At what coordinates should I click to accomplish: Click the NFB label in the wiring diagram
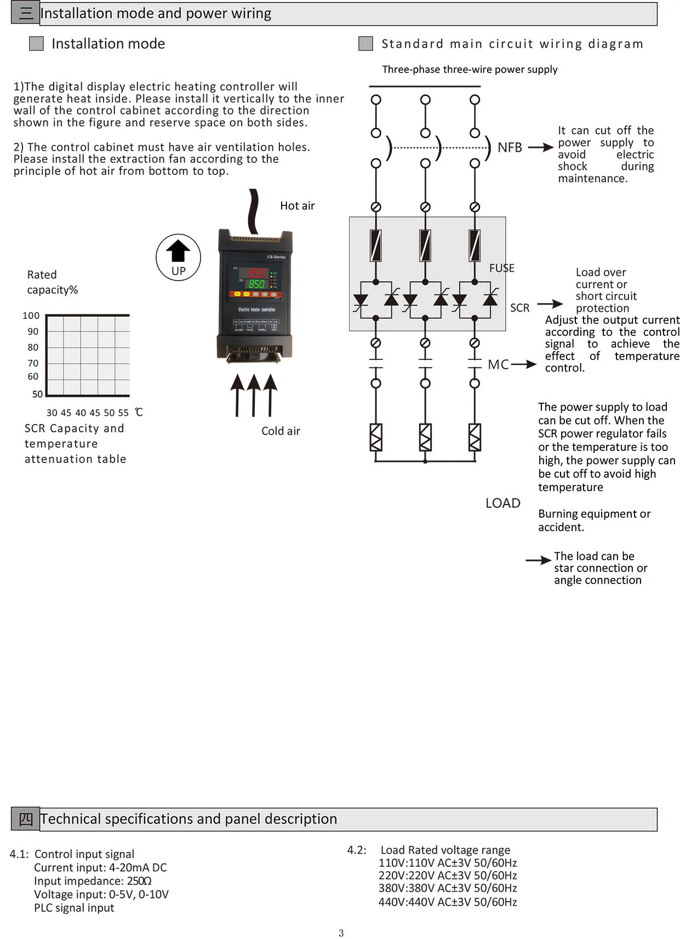tap(510, 147)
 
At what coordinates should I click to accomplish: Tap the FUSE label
tap(502, 268)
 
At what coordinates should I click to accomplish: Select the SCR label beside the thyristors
tap(520, 308)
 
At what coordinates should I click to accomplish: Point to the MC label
tap(499, 365)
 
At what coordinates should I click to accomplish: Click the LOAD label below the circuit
tap(503, 503)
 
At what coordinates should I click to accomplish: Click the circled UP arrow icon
tap(178, 257)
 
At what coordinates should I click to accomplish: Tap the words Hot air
tap(298, 205)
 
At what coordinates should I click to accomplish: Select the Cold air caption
tap(281, 431)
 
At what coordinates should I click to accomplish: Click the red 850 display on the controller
tap(256, 273)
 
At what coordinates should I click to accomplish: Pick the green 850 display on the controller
tap(256, 284)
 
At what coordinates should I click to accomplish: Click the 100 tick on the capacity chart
tap(31, 316)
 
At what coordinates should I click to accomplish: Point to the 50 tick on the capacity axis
tap(37, 394)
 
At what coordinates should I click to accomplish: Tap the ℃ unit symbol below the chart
tap(139, 412)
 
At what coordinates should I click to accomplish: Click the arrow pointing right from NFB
tap(540, 147)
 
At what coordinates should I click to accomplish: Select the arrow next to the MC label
tap(524, 364)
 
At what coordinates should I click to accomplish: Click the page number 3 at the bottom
tap(341, 933)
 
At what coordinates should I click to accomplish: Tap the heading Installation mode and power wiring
tap(156, 13)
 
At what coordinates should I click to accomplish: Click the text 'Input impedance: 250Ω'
tap(93, 881)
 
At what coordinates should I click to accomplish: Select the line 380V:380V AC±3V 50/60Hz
tap(448, 888)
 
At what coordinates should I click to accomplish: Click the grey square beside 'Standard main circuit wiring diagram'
tap(365, 44)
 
